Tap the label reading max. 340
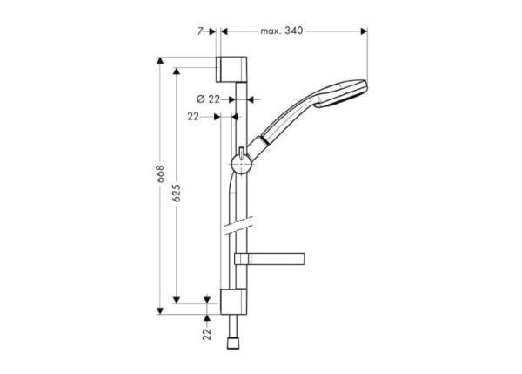281,31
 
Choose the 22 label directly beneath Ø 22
194,115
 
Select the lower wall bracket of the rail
232,300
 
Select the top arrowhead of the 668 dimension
160,60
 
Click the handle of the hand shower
291,121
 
